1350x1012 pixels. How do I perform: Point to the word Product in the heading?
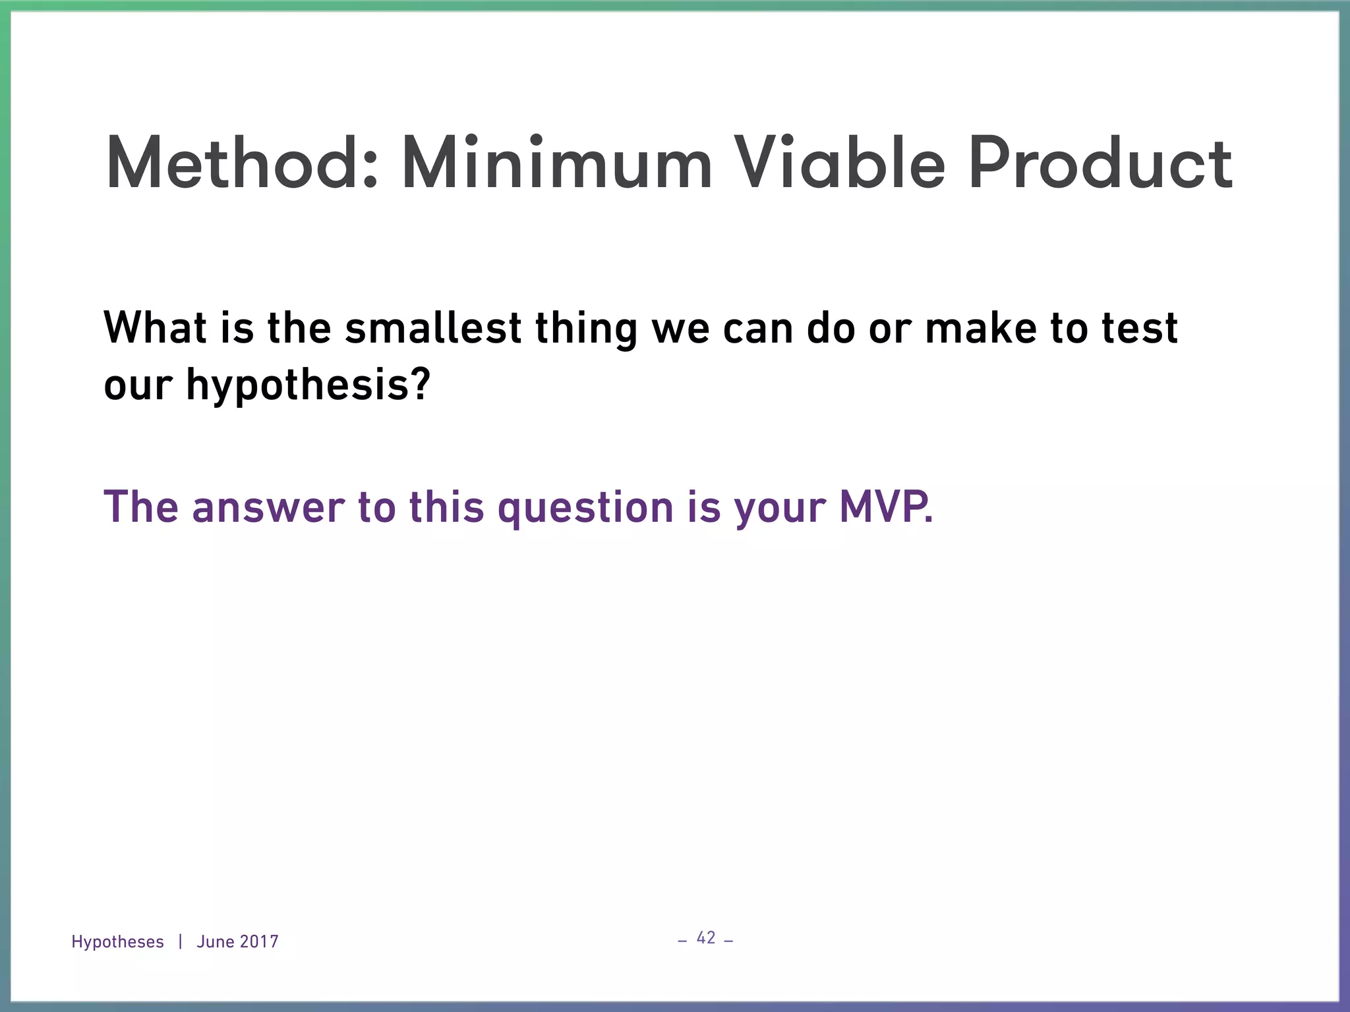pos(1100,163)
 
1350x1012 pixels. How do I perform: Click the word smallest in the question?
pos(433,328)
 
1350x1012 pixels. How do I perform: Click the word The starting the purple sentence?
pos(140,507)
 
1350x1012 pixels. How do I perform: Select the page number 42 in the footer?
pos(705,938)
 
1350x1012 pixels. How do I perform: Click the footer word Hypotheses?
pos(117,942)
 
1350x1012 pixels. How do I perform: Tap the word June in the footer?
pos(215,942)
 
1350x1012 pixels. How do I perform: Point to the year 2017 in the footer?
pos(259,942)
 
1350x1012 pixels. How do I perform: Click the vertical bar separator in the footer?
pos(180,942)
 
